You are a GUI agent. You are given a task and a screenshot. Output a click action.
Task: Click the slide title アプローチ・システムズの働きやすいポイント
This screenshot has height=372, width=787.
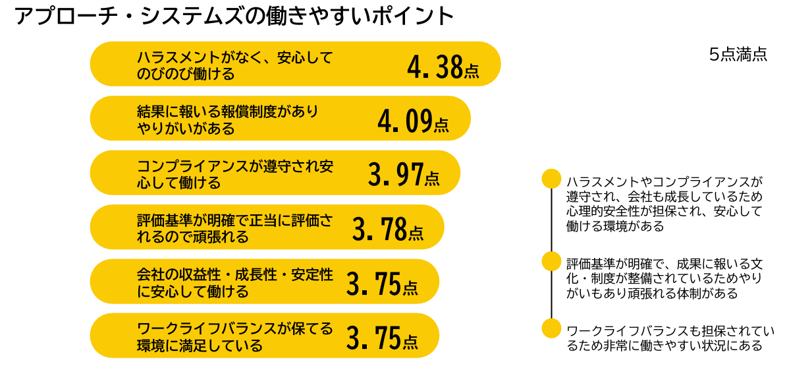point(234,16)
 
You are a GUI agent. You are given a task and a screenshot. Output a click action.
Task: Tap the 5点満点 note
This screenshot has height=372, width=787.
point(738,55)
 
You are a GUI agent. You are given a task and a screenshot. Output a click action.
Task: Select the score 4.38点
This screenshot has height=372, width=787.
point(443,67)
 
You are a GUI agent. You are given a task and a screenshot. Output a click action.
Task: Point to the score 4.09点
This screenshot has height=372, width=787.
point(413,121)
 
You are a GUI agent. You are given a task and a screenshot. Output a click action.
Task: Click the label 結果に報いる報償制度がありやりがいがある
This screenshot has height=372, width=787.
point(227,119)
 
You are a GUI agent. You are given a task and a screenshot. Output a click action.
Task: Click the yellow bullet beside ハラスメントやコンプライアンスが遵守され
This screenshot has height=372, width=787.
point(551,179)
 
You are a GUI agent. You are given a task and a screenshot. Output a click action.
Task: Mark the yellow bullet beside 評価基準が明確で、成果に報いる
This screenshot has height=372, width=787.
point(551,261)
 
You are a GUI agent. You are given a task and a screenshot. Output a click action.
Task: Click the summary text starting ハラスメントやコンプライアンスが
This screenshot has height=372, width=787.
point(664,203)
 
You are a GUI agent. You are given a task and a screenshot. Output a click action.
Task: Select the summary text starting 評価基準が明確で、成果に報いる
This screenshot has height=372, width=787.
point(664,278)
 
